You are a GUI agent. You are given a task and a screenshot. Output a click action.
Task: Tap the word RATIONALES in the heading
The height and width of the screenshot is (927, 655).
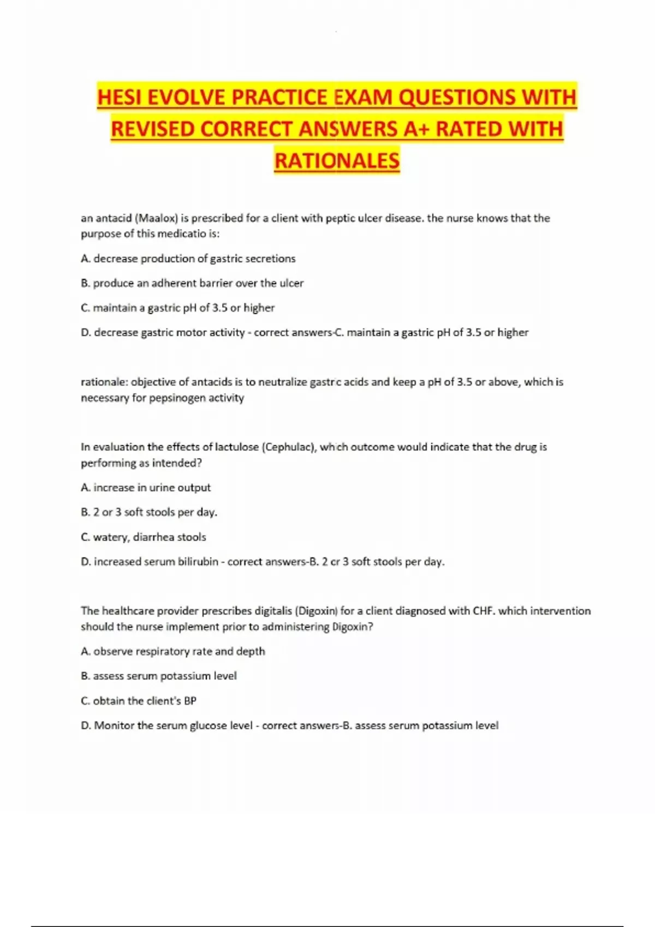[x=337, y=161]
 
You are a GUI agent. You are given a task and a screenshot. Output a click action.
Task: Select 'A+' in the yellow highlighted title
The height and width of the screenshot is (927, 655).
[x=418, y=129]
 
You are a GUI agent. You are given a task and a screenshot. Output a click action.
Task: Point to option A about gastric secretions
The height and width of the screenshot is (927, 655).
[x=188, y=258]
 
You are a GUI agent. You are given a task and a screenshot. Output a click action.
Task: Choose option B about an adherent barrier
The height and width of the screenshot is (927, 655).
[x=192, y=283]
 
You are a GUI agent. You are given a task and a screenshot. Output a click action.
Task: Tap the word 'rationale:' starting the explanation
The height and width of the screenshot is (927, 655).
[x=104, y=382]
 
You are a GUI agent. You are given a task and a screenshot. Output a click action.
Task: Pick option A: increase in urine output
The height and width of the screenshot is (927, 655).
[x=146, y=487]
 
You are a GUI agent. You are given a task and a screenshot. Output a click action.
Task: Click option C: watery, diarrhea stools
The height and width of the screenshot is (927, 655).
[x=144, y=537]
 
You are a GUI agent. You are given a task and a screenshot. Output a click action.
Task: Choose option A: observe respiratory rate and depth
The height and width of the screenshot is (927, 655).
[x=173, y=651]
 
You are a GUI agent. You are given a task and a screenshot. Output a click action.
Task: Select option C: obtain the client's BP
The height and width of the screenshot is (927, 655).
[x=139, y=701]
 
